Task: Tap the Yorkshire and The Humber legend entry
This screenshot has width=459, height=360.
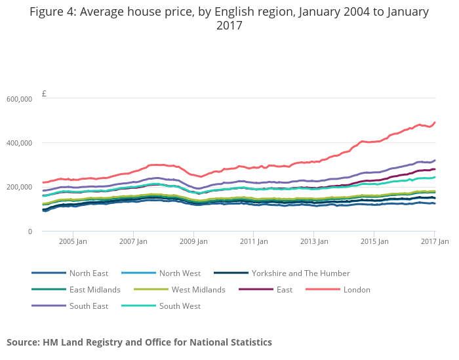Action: click(300, 273)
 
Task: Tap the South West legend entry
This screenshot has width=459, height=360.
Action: click(180, 306)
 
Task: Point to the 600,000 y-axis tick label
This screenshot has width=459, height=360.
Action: click(19, 99)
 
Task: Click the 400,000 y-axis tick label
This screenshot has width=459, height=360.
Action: click(19, 143)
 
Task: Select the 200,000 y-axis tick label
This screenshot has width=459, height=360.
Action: click(19, 187)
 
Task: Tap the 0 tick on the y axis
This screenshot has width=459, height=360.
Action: click(29, 231)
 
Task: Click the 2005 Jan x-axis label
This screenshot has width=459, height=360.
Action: click(73, 241)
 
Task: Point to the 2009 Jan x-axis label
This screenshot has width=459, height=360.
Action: click(193, 241)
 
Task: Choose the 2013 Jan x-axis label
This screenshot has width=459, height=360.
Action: click(314, 241)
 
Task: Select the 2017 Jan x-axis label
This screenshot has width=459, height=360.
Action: click(434, 241)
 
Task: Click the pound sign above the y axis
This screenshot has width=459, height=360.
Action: click(44, 94)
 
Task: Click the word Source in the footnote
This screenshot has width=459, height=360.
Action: click(23, 342)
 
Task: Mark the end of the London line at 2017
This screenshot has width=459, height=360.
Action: click(435, 122)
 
